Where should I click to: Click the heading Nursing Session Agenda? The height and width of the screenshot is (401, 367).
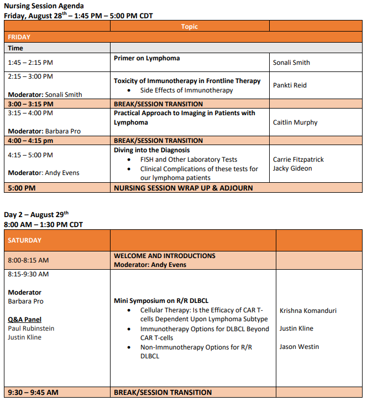click(x=44, y=6)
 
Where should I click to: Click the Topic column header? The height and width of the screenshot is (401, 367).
click(x=189, y=27)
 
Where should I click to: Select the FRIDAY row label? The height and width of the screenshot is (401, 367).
click(x=19, y=37)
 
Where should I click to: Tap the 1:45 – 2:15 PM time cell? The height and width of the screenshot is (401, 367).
click(x=30, y=63)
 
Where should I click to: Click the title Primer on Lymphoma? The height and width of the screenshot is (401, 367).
click(x=146, y=58)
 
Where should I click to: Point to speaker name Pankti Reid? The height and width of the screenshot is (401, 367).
click(x=290, y=85)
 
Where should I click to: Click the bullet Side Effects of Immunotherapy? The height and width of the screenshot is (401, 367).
click(x=186, y=90)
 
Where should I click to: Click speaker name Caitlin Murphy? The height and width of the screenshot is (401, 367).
click(x=295, y=122)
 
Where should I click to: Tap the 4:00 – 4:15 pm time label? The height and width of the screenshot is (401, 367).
click(x=31, y=141)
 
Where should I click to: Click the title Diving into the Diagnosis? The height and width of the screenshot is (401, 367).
click(x=151, y=150)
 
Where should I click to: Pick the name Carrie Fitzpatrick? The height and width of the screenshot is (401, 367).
click(x=298, y=160)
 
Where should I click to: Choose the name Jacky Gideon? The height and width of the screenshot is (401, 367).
click(x=292, y=168)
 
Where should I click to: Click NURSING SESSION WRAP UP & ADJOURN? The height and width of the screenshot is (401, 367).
click(x=183, y=188)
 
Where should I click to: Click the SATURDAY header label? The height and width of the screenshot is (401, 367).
click(x=25, y=240)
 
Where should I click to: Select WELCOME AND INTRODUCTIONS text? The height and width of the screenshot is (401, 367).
click(x=164, y=256)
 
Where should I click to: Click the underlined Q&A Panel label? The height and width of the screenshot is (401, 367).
click(x=24, y=320)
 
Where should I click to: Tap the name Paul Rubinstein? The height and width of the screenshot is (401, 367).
click(x=31, y=328)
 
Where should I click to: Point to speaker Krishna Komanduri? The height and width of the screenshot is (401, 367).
click(x=308, y=311)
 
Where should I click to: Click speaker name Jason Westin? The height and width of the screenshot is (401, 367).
click(x=299, y=347)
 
